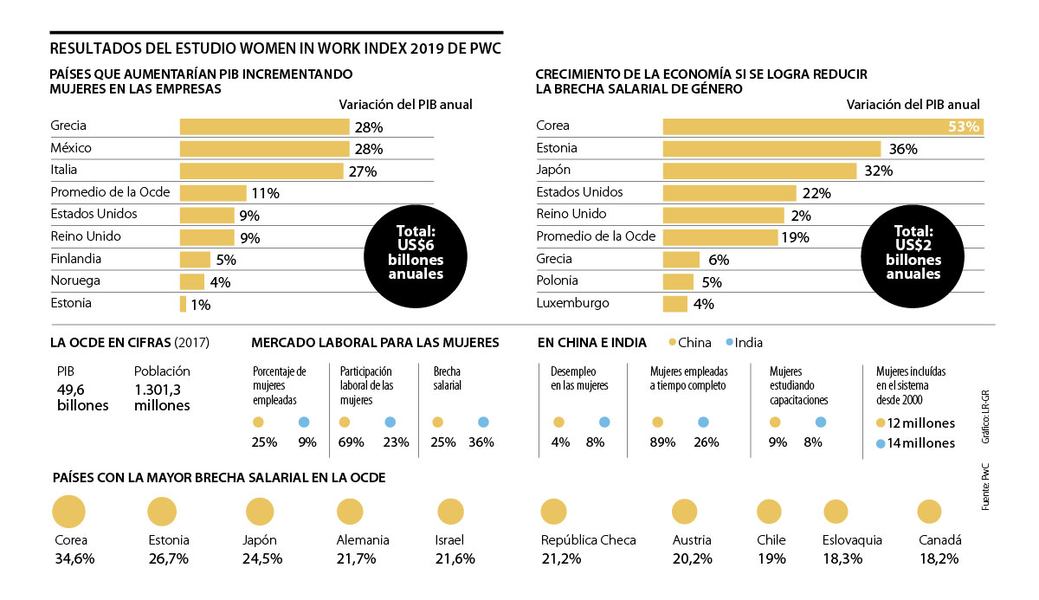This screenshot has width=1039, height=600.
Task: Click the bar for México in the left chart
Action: (x=264, y=148)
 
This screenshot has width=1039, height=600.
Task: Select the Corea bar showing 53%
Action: (x=823, y=126)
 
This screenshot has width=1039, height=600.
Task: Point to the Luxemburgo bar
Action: (x=674, y=304)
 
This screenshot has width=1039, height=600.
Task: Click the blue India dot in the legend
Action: (x=731, y=342)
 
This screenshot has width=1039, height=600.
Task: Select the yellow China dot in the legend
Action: (x=672, y=342)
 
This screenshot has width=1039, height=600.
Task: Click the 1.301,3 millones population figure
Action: (x=162, y=397)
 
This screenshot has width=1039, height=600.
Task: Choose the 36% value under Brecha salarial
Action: (x=481, y=442)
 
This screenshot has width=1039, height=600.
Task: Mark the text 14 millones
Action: (x=921, y=443)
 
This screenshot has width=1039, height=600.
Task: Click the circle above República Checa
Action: (x=554, y=513)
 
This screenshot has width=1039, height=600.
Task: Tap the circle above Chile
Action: (x=769, y=512)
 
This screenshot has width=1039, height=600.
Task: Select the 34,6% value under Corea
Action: (x=74, y=559)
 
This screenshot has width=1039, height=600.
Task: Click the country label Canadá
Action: (x=939, y=540)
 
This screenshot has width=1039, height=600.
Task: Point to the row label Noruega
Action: (x=75, y=281)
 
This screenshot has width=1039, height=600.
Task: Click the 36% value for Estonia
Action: (x=903, y=149)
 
